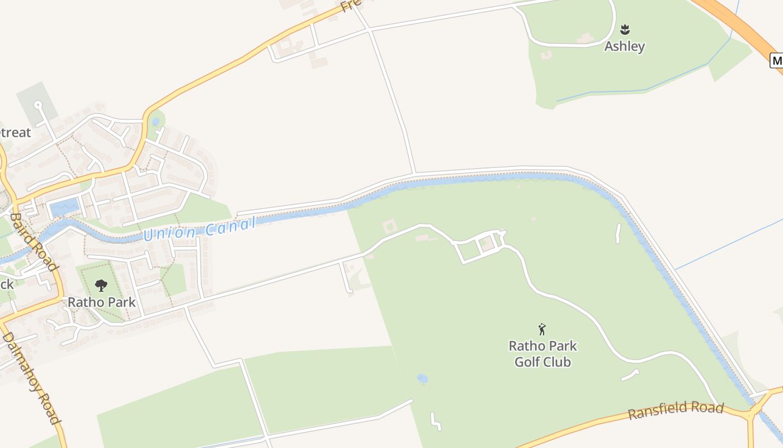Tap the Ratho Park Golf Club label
(x=543, y=354)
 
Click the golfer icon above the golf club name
(x=541, y=329)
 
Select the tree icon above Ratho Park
(x=101, y=286)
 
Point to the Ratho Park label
(x=102, y=302)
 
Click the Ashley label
(x=625, y=46)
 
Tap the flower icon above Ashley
(x=625, y=29)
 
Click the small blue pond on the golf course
(x=422, y=379)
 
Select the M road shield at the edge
(x=776, y=60)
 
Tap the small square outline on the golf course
(x=389, y=227)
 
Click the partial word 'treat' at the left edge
(x=15, y=133)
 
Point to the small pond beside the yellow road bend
(x=155, y=121)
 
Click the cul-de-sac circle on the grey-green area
(x=37, y=104)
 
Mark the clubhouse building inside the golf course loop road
(x=487, y=244)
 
